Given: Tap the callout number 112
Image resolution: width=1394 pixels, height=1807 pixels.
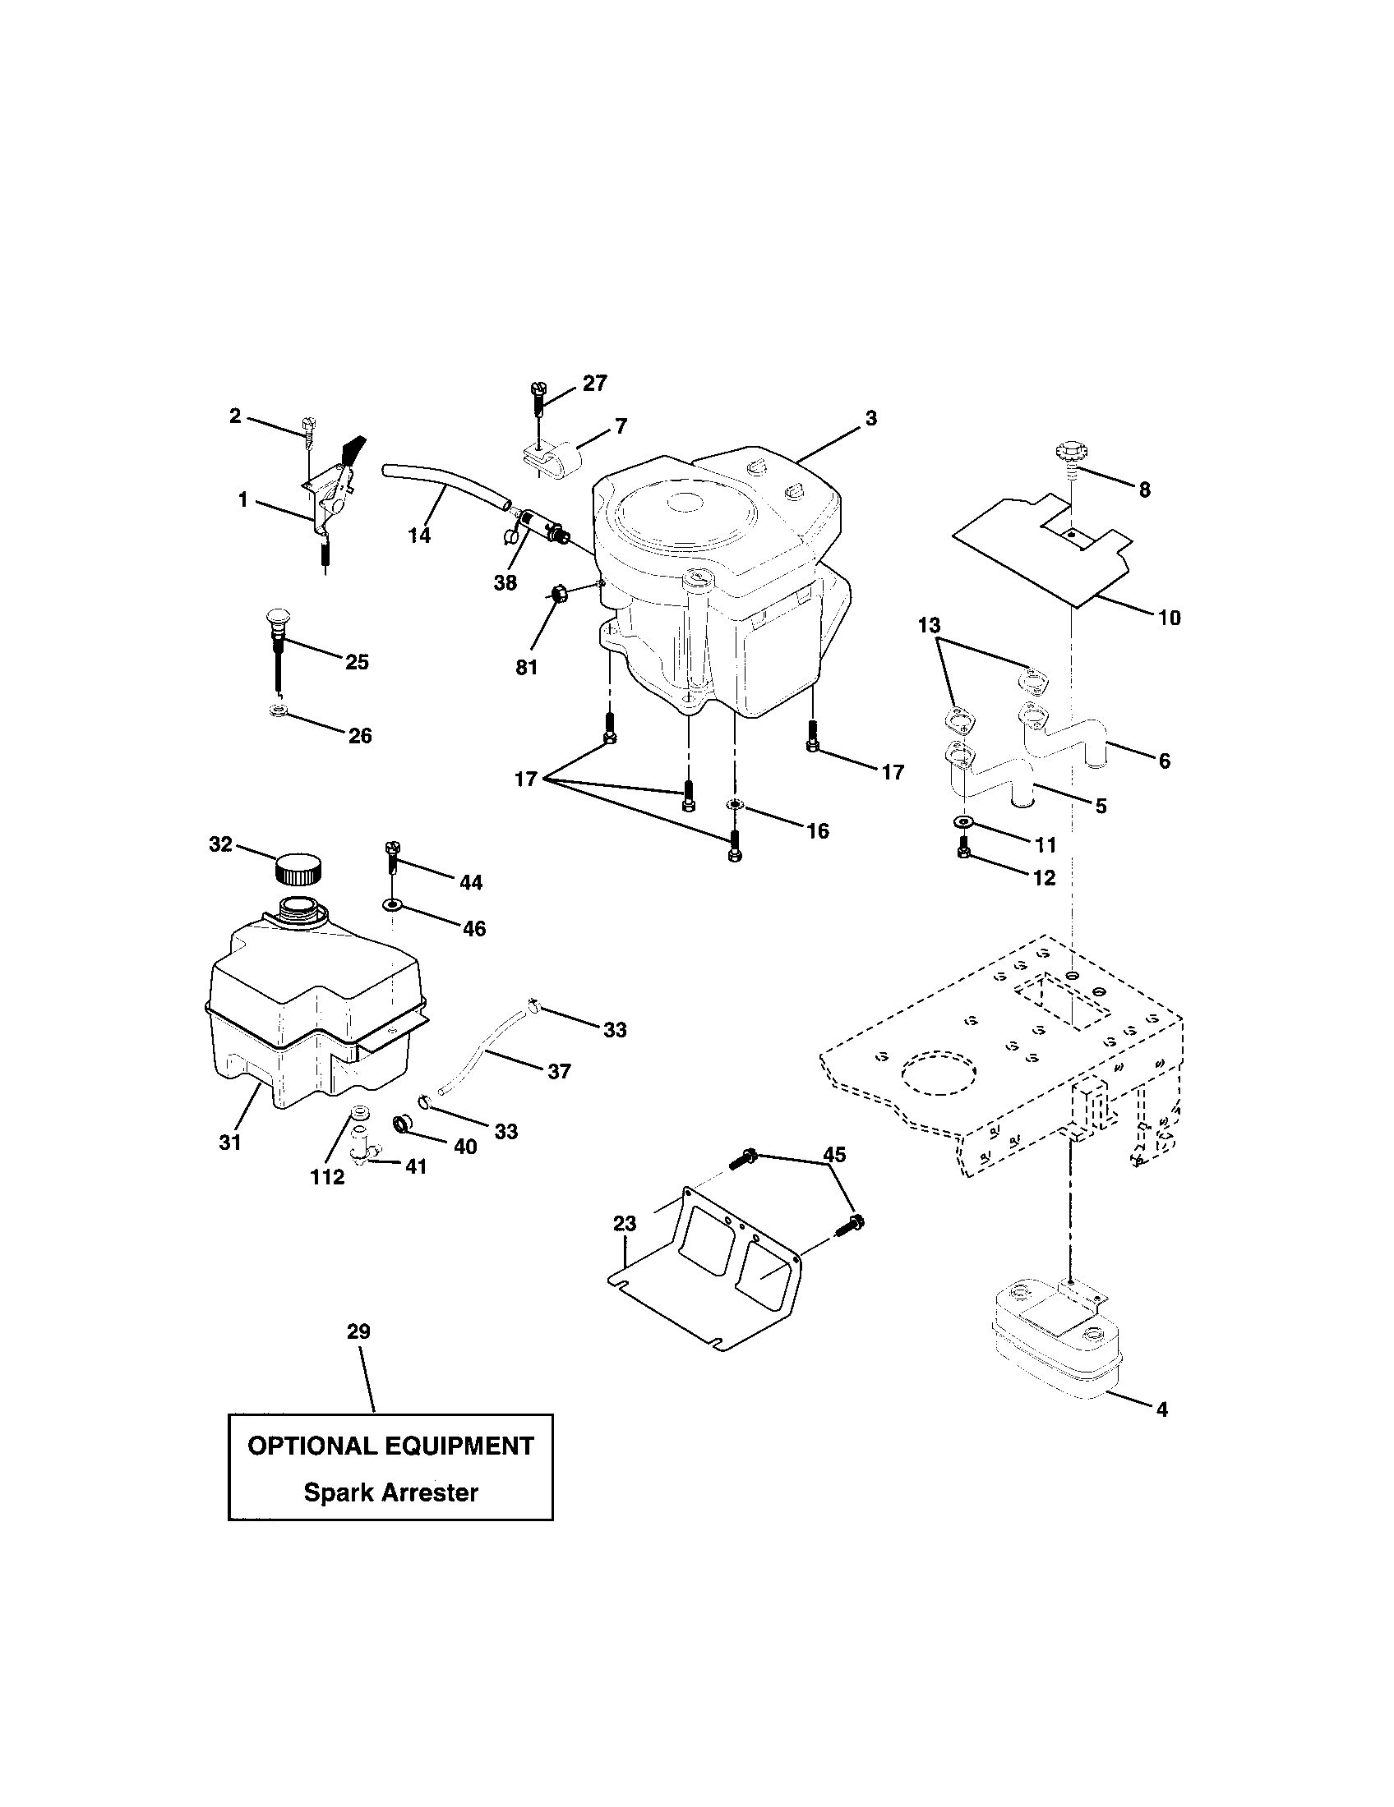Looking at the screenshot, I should click(x=327, y=1177).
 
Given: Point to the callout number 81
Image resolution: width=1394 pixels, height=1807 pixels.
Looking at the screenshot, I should click(x=527, y=667).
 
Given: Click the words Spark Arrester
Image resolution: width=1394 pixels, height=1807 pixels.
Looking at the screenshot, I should click(x=390, y=1492).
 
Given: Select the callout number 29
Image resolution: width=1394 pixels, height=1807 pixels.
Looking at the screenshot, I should click(x=358, y=1331).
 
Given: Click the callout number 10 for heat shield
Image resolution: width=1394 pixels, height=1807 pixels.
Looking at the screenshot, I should click(x=1169, y=617).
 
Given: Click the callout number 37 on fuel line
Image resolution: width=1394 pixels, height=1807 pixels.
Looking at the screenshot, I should click(x=559, y=1071).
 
